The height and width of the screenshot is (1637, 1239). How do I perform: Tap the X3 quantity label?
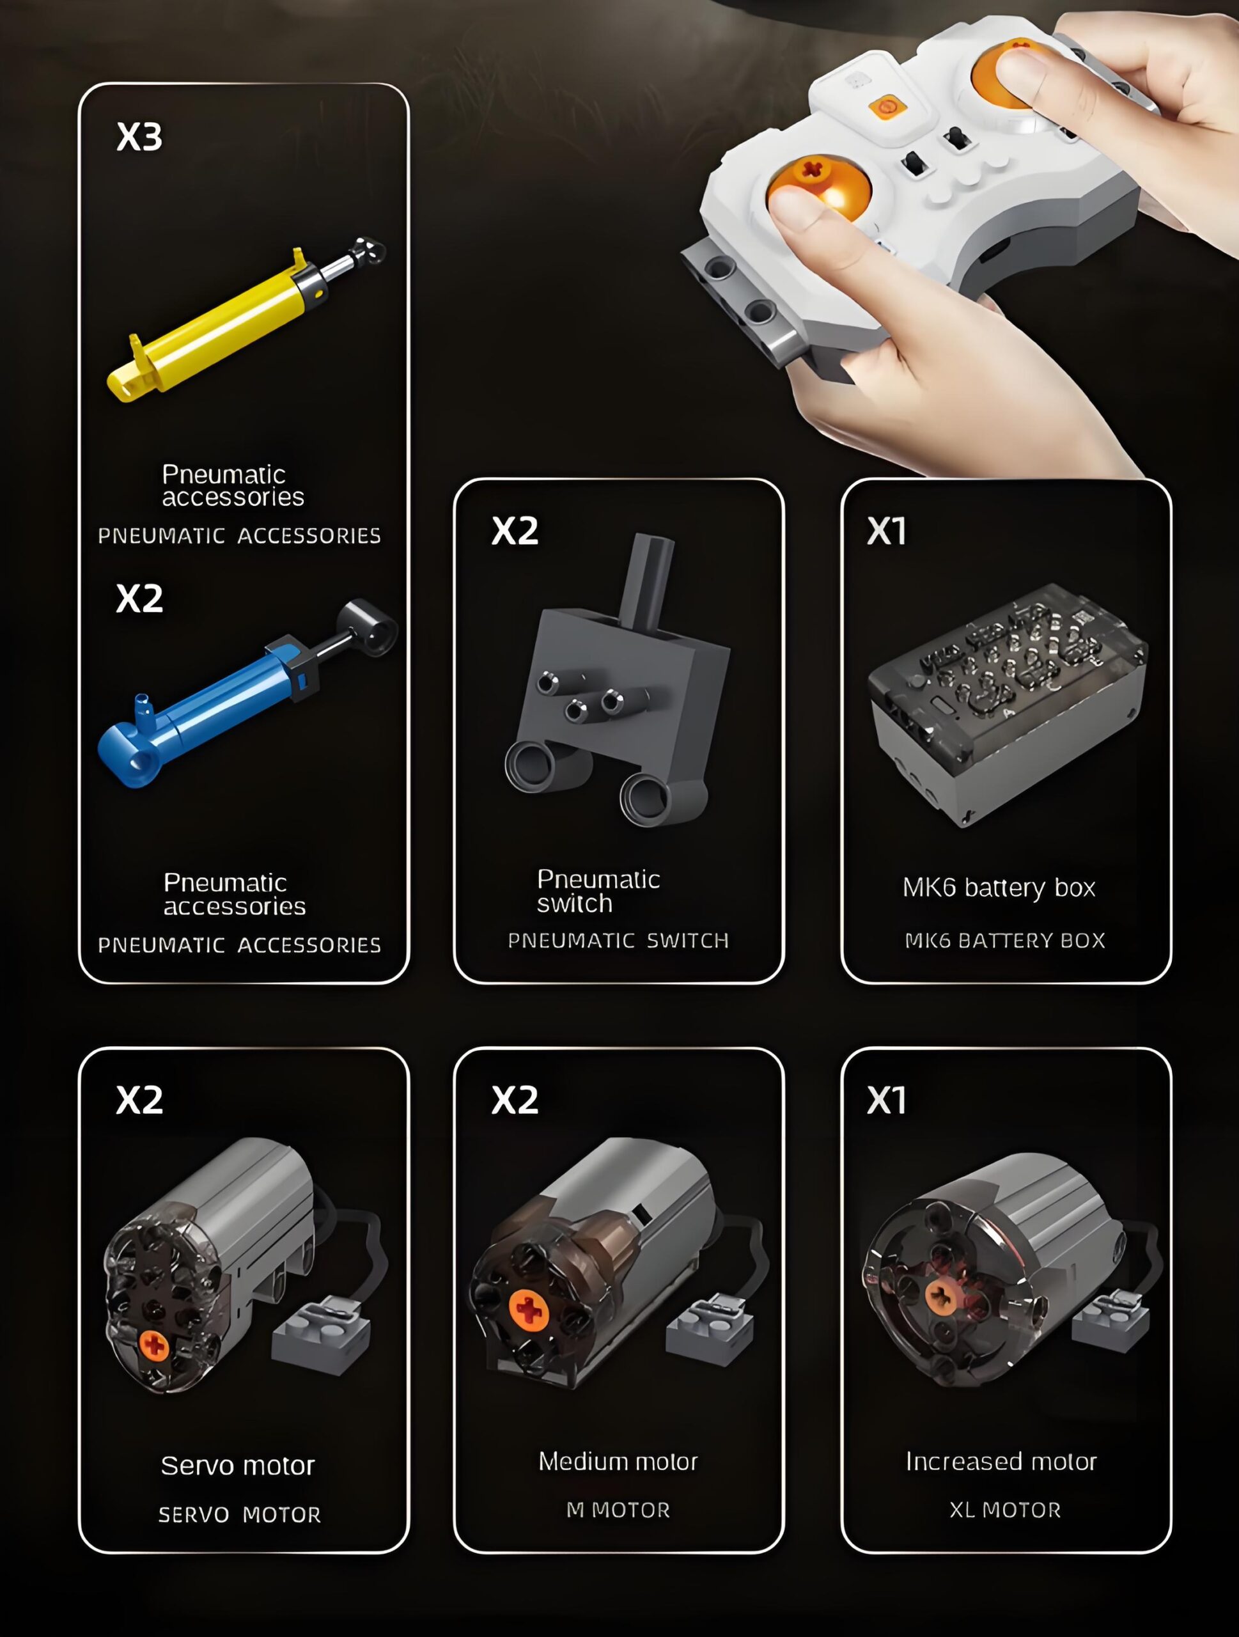tap(139, 137)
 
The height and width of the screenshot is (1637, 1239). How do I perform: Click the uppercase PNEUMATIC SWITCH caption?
tap(618, 941)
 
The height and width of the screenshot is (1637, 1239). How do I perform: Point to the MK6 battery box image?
tap(1008, 705)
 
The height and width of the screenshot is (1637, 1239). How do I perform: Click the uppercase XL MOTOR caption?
tap(1005, 1510)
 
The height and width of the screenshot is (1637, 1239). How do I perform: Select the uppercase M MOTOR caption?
tap(618, 1510)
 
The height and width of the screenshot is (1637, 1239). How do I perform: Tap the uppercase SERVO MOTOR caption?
tap(240, 1515)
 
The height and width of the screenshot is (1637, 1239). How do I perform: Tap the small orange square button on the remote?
tap(887, 108)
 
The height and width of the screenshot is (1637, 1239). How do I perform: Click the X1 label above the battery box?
tap(886, 531)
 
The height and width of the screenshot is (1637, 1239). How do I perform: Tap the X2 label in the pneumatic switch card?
tap(515, 531)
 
